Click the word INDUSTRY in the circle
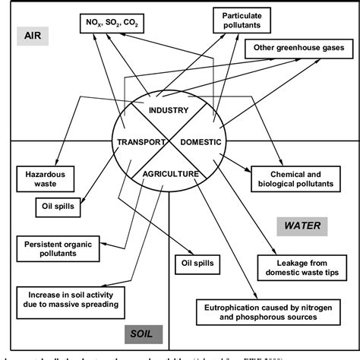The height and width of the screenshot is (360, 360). click(x=169, y=111)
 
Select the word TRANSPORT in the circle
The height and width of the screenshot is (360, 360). click(x=141, y=142)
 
